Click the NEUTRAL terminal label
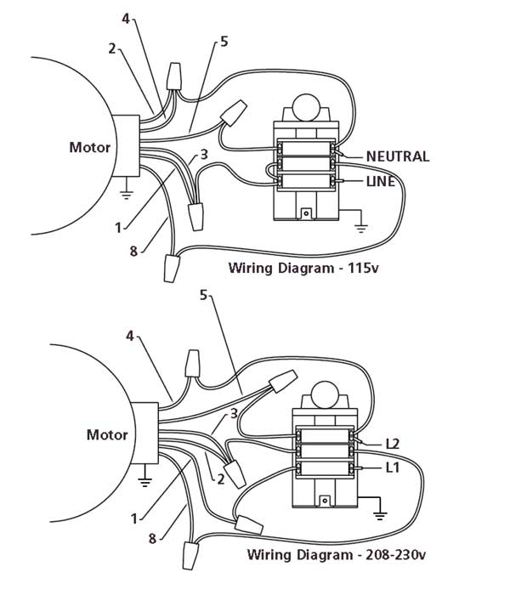[x=397, y=156]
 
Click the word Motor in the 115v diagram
[x=89, y=146]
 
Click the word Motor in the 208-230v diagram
[x=107, y=435]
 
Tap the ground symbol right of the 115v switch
[x=360, y=228]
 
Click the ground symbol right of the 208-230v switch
[x=381, y=514]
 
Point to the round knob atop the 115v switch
[x=303, y=108]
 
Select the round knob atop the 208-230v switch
[x=326, y=394]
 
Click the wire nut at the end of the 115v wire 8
[x=171, y=269]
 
